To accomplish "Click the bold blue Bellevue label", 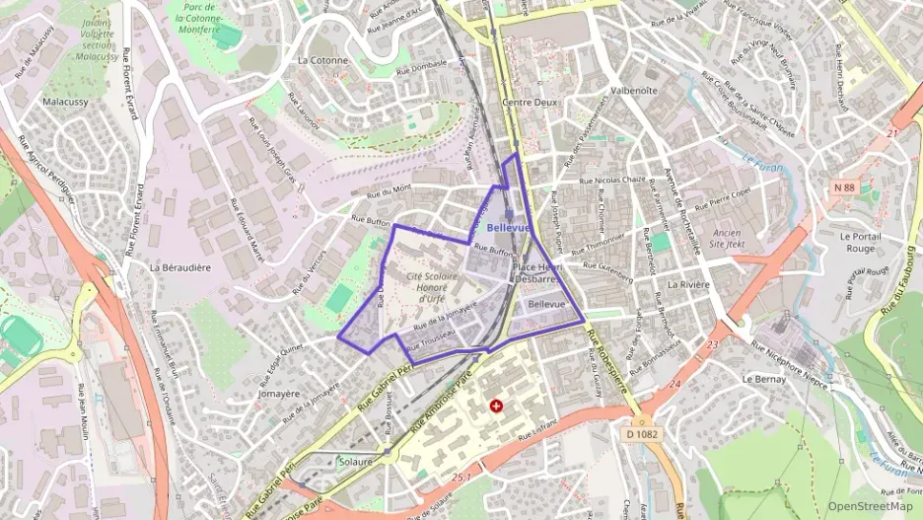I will pos(509,227).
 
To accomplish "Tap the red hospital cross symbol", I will pos(496,406).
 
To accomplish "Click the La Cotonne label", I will pos(322,60).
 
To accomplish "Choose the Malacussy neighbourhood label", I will pos(67,102).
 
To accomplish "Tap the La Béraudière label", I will pos(179,267).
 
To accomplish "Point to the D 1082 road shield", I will pos(642,433).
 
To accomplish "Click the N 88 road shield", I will pos(844,186).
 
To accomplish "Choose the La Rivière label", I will pos(688,284).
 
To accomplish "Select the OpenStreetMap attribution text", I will pos(870,506).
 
